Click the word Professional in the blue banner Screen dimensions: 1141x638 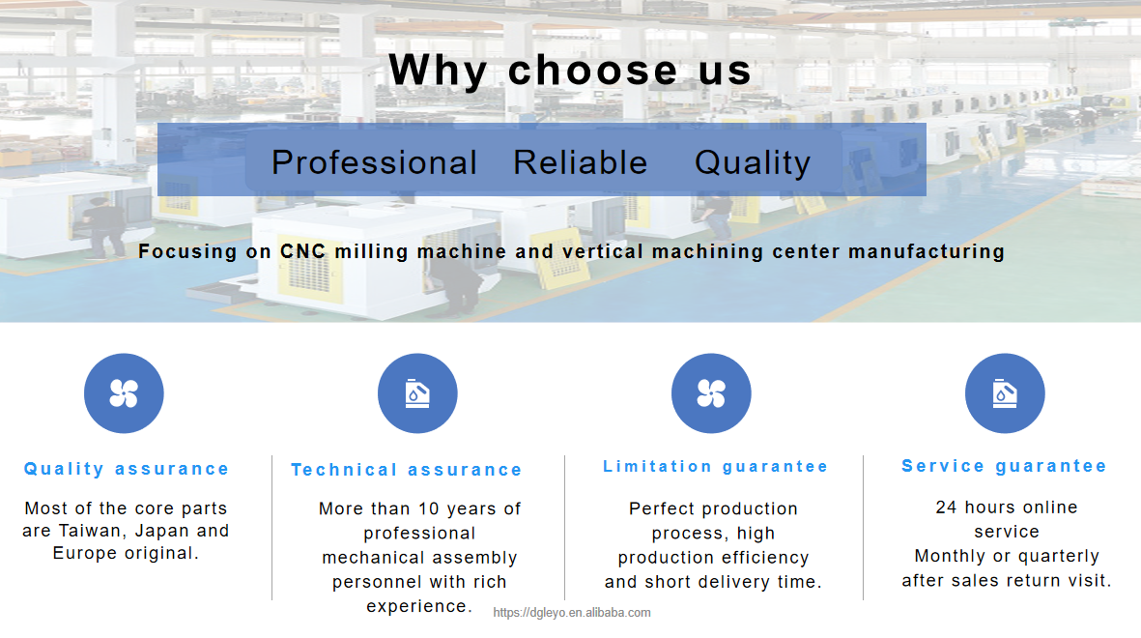coord(374,162)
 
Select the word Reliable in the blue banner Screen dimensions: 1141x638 coord(580,161)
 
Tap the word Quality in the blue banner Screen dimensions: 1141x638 coord(753,163)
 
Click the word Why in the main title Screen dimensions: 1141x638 coord(438,72)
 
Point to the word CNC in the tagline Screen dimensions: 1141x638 coord(302,251)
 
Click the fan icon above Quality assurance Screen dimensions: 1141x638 coord(124,393)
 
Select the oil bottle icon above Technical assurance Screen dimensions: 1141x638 coord(417,393)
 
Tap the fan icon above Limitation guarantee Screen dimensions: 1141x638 coord(711,393)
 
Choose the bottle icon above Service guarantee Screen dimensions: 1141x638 coord(1005,393)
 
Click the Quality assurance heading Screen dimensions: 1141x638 coord(127,469)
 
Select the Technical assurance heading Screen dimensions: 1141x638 coord(407,470)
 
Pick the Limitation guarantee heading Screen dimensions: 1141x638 coord(715,466)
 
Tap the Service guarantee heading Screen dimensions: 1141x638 coord(1004,466)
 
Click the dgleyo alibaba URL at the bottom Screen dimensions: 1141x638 coord(572,613)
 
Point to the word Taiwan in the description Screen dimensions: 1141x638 coord(90,531)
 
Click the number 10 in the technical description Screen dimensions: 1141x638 coord(429,508)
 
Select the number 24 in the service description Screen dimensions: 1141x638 coord(946,507)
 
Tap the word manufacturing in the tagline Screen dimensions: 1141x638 coord(927,251)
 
